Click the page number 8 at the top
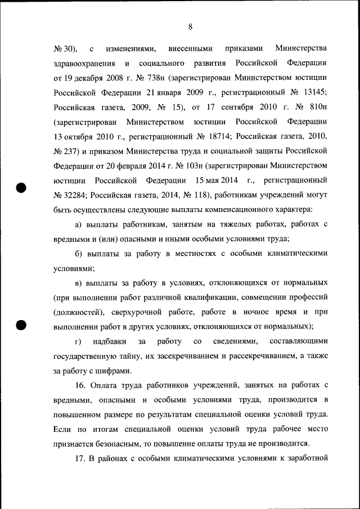[191, 26]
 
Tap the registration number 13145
[309, 91]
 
